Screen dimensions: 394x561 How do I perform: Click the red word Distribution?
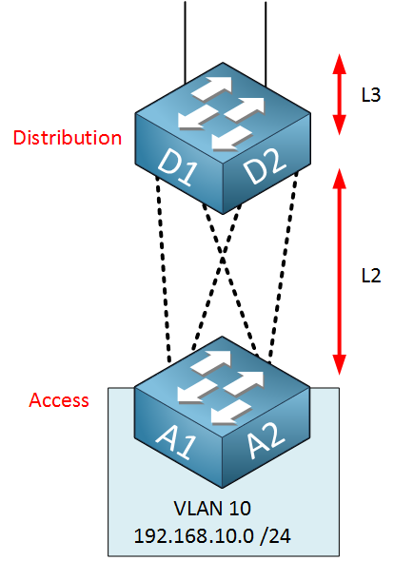tap(68, 138)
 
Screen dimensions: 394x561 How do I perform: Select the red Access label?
tap(59, 400)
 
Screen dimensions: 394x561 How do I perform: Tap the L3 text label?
tap(371, 95)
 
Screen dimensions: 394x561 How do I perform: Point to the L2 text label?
tap(371, 276)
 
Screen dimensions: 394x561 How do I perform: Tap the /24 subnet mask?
tap(277, 536)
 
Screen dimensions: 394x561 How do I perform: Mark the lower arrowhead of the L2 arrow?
tap(339, 365)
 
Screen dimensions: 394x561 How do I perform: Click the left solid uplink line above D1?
tap(185, 42)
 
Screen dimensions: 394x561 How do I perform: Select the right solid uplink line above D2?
tap(266, 44)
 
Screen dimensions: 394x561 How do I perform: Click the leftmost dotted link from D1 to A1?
tap(164, 269)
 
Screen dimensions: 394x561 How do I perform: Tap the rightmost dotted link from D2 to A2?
tap(283, 267)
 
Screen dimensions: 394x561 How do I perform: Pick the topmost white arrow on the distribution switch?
tap(212, 88)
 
